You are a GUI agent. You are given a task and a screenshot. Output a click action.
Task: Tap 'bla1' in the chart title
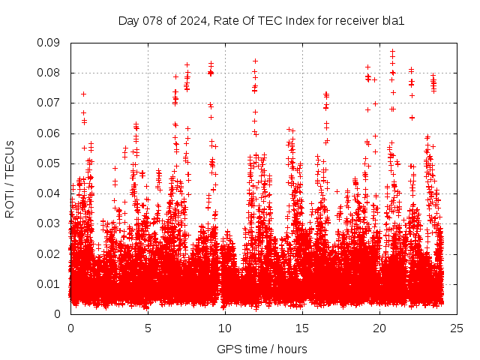click(x=394, y=20)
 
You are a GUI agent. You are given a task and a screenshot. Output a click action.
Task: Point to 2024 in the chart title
click(x=190, y=20)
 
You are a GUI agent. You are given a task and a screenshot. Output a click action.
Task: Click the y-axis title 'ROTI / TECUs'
click(x=10, y=178)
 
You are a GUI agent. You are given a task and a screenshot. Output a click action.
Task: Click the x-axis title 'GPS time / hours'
click(x=261, y=349)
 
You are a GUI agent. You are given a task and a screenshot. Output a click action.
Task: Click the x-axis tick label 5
click(x=148, y=328)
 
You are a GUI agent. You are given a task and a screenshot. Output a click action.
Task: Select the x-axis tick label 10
click(x=225, y=328)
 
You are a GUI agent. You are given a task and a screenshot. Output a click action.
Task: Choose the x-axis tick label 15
click(x=302, y=328)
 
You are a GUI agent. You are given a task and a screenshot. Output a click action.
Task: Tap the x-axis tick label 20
click(x=379, y=328)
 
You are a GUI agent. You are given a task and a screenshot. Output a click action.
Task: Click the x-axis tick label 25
click(x=457, y=328)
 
